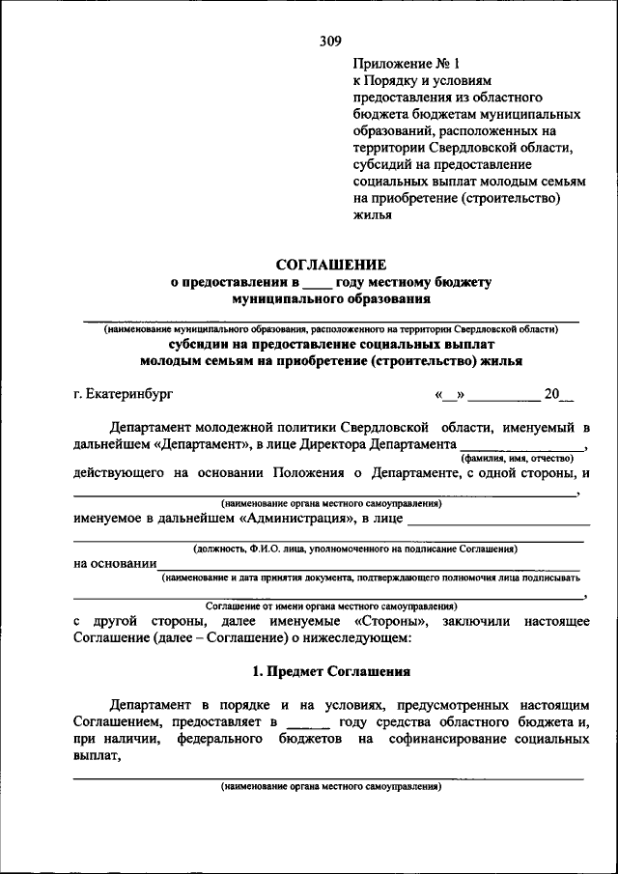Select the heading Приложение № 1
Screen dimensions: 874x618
tap(394, 64)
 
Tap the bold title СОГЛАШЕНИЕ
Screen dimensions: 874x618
tap(331, 265)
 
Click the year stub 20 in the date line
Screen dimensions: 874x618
tap(552, 394)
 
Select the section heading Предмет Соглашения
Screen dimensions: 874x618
tap(331, 671)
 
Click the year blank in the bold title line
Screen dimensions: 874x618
tap(317, 283)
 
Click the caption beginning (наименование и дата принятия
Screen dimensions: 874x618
tap(371, 578)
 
